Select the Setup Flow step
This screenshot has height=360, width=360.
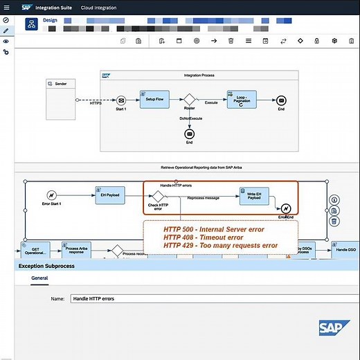point(154,99)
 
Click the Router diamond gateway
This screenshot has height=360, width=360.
point(189,101)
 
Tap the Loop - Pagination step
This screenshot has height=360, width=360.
point(241,100)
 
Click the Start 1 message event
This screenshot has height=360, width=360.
point(120,100)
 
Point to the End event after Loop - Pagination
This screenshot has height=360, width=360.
point(281,100)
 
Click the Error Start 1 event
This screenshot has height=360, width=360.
point(51,195)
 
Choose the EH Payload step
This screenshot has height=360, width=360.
point(110,195)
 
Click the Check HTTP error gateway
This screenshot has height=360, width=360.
point(157,196)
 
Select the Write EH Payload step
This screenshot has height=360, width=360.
point(253,196)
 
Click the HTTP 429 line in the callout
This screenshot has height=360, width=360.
point(220,245)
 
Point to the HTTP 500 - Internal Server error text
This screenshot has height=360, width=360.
point(213,228)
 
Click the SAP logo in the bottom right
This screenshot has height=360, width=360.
point(334,328)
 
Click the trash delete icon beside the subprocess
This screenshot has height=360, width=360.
point(334,222)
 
